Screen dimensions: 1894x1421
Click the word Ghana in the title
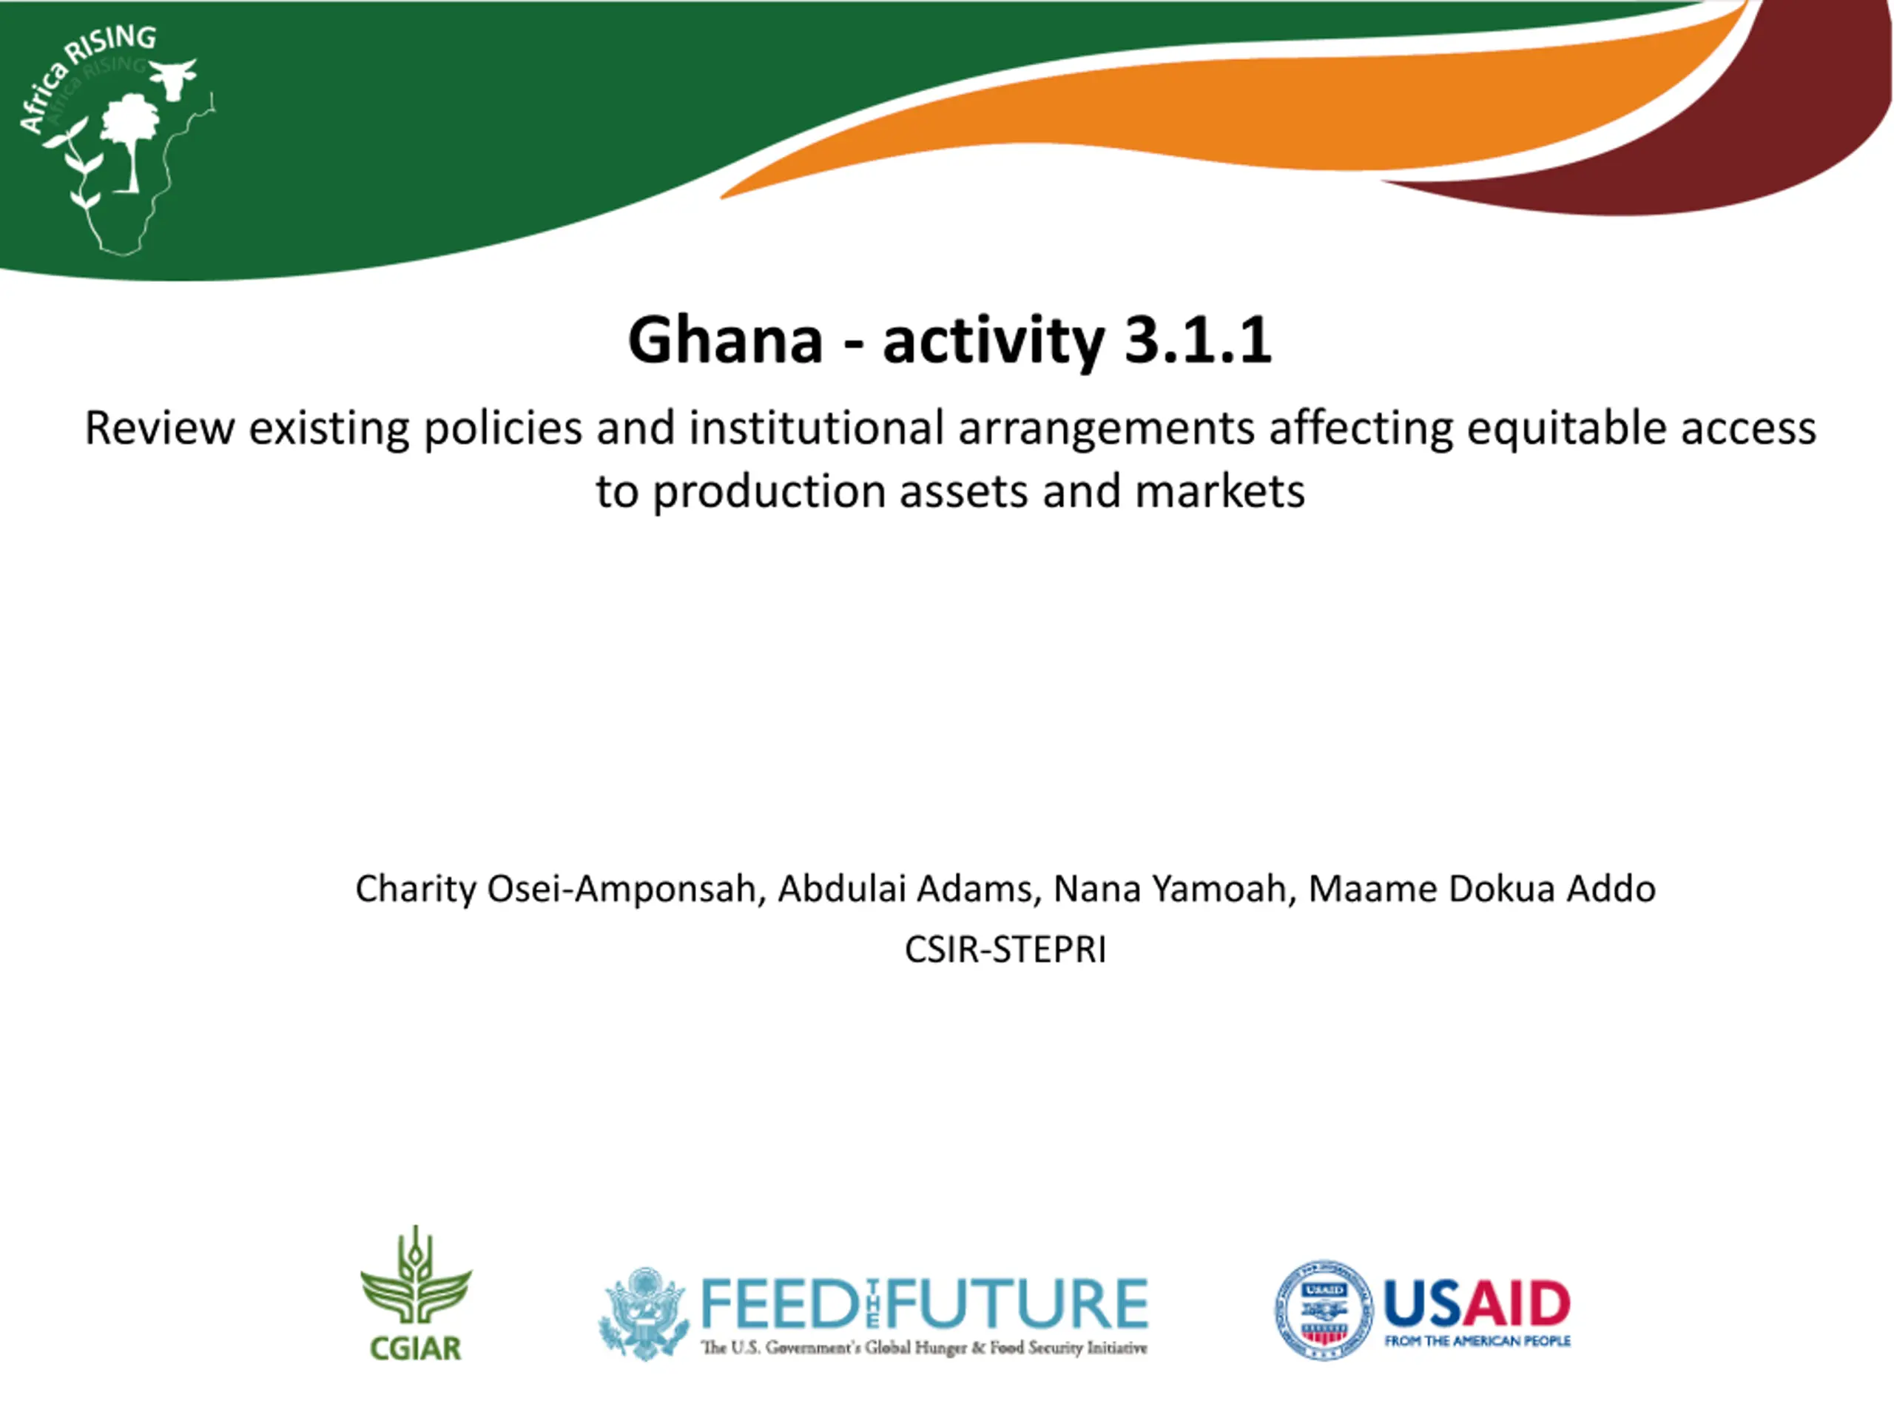click(725, 340)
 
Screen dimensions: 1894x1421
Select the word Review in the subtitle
click(159, 428)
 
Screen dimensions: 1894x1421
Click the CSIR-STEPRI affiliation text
click(1005, 950)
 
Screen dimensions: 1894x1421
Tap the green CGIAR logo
click(416, 1294)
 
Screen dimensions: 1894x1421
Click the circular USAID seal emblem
click(1324, 1310)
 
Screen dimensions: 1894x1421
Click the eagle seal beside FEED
click(644, 1314)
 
